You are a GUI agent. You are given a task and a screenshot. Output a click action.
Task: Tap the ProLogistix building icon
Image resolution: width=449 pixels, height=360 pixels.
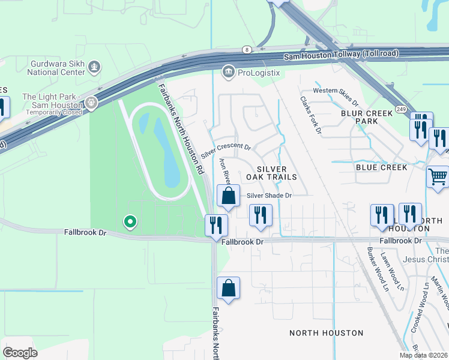point(229,73)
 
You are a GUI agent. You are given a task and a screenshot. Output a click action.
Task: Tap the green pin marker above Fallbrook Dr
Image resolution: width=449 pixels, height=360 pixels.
point(129,223)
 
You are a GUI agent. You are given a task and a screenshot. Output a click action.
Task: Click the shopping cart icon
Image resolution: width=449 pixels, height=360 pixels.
point(438,178)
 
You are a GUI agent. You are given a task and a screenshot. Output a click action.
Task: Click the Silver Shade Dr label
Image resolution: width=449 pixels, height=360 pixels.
point(270,196)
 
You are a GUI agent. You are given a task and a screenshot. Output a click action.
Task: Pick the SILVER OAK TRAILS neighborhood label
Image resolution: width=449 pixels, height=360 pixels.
point(272,173)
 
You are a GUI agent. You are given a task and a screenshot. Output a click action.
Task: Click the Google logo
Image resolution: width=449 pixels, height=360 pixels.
point(20,353)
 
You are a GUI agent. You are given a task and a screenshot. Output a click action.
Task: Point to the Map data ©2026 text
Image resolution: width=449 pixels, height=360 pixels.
point(424,355)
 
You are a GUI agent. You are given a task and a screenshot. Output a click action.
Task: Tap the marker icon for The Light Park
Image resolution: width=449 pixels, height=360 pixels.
point(91,103)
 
